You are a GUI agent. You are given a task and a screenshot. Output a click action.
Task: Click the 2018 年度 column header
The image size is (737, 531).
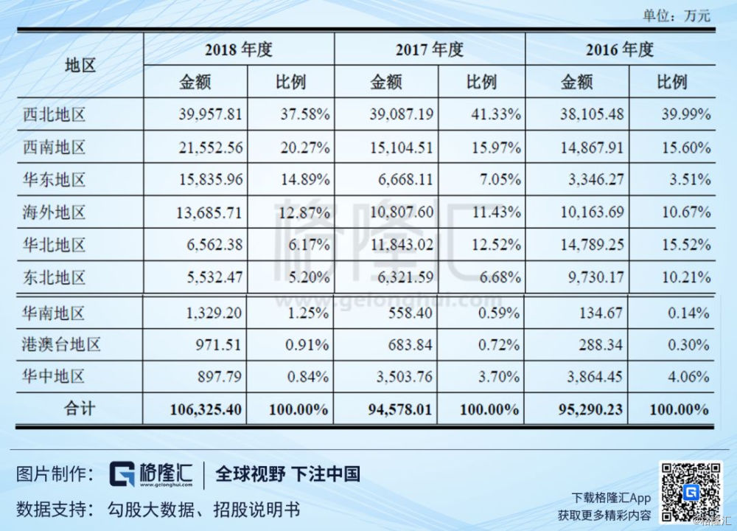pos(239,49)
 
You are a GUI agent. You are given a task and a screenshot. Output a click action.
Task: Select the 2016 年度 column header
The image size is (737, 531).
pos(620,49)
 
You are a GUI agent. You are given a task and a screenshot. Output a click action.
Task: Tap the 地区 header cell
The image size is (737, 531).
pos(80,66)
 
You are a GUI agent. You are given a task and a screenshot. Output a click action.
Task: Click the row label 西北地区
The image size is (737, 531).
pos(54,114)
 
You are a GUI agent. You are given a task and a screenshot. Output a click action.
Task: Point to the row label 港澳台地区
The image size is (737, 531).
pos(61,344)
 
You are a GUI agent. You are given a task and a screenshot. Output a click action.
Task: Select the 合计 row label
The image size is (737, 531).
pos(80,409)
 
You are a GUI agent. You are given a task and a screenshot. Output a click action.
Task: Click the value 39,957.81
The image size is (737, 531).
pos(210,114)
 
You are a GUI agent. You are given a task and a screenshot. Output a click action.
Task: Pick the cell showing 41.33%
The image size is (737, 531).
pos(496,114)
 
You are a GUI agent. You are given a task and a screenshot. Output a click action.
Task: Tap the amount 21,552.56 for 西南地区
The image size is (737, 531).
pos(211,147)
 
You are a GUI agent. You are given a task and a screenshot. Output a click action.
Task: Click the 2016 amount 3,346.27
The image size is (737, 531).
pos(596,180)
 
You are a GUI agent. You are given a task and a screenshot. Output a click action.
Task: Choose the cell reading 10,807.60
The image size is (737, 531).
pos(402,212)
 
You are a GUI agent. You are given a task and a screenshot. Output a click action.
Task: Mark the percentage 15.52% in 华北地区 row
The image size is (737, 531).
pos(686,245)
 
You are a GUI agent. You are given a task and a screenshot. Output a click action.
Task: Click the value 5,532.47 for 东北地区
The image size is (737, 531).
pos(214,277)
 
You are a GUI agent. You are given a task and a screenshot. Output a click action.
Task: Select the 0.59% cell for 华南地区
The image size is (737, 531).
pos(499,313)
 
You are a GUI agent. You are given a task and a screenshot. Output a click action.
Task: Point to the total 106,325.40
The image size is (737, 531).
pos(206,409)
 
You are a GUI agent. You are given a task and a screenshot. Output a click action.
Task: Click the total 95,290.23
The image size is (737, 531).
pos(591,409)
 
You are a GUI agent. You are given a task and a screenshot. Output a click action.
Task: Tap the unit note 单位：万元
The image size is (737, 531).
pos(677,15)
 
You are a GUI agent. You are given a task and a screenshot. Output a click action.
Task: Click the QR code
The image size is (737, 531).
pos(691,492)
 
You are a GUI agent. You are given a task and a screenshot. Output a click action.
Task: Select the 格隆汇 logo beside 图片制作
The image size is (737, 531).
pos(151,474)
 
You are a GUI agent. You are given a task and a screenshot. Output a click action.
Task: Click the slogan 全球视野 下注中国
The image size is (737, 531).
pos(287,474)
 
